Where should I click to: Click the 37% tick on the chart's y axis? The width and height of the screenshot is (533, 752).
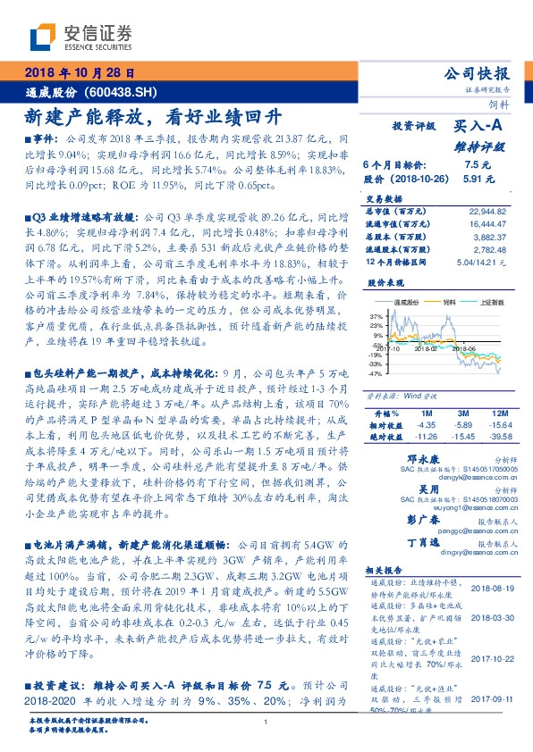point(375,316)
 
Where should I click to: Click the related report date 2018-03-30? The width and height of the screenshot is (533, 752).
point(490,618)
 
